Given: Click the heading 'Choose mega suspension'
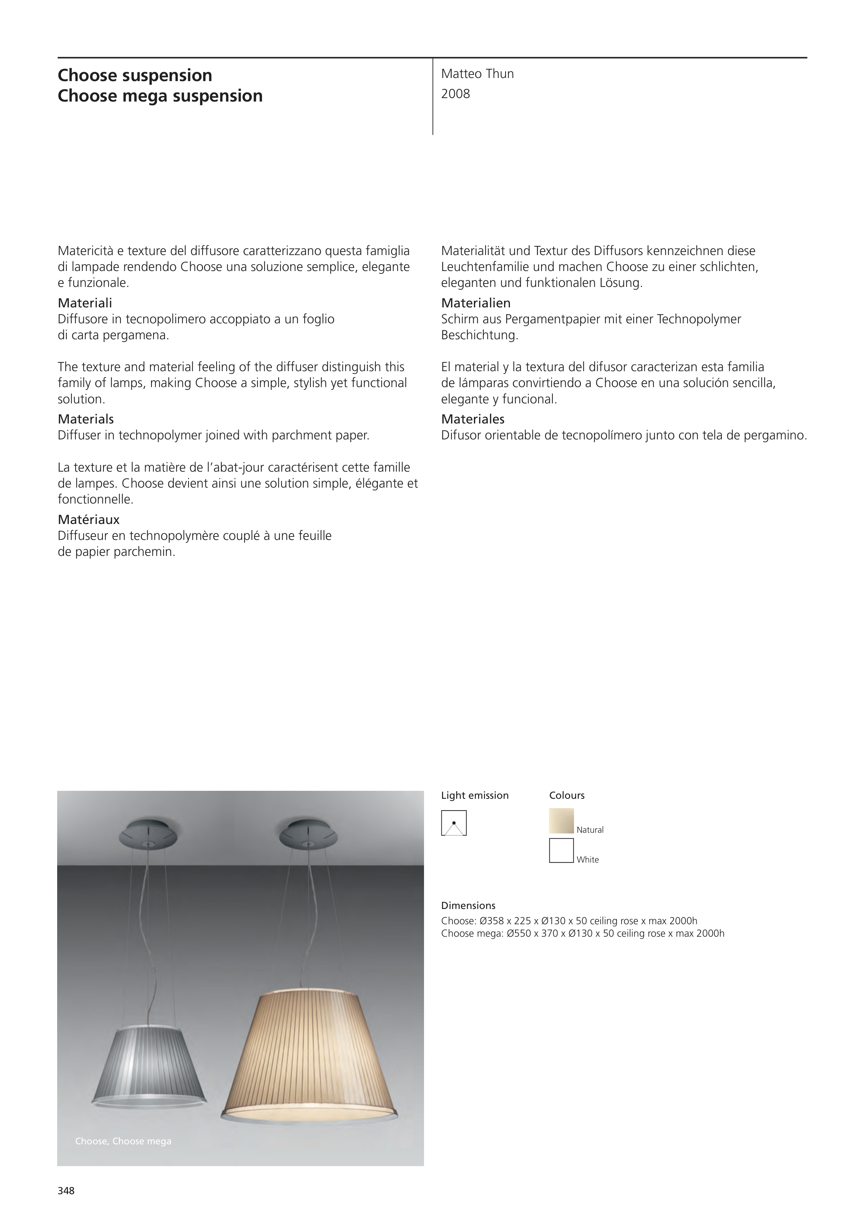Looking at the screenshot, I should coord(160,96).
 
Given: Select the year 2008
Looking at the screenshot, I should coord(455,94).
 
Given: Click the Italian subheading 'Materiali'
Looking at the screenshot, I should coord(85,303).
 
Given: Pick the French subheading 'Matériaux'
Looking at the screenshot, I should coord(88,519).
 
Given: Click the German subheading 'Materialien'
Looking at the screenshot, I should coord(475,303).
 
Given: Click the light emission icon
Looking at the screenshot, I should coord(453,823).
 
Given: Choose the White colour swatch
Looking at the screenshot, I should coord(561,850).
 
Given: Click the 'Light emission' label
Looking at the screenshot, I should coord(474,795).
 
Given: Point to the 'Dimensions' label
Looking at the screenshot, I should coord(468,905).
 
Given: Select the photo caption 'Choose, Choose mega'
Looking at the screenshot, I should coord(123,1141).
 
